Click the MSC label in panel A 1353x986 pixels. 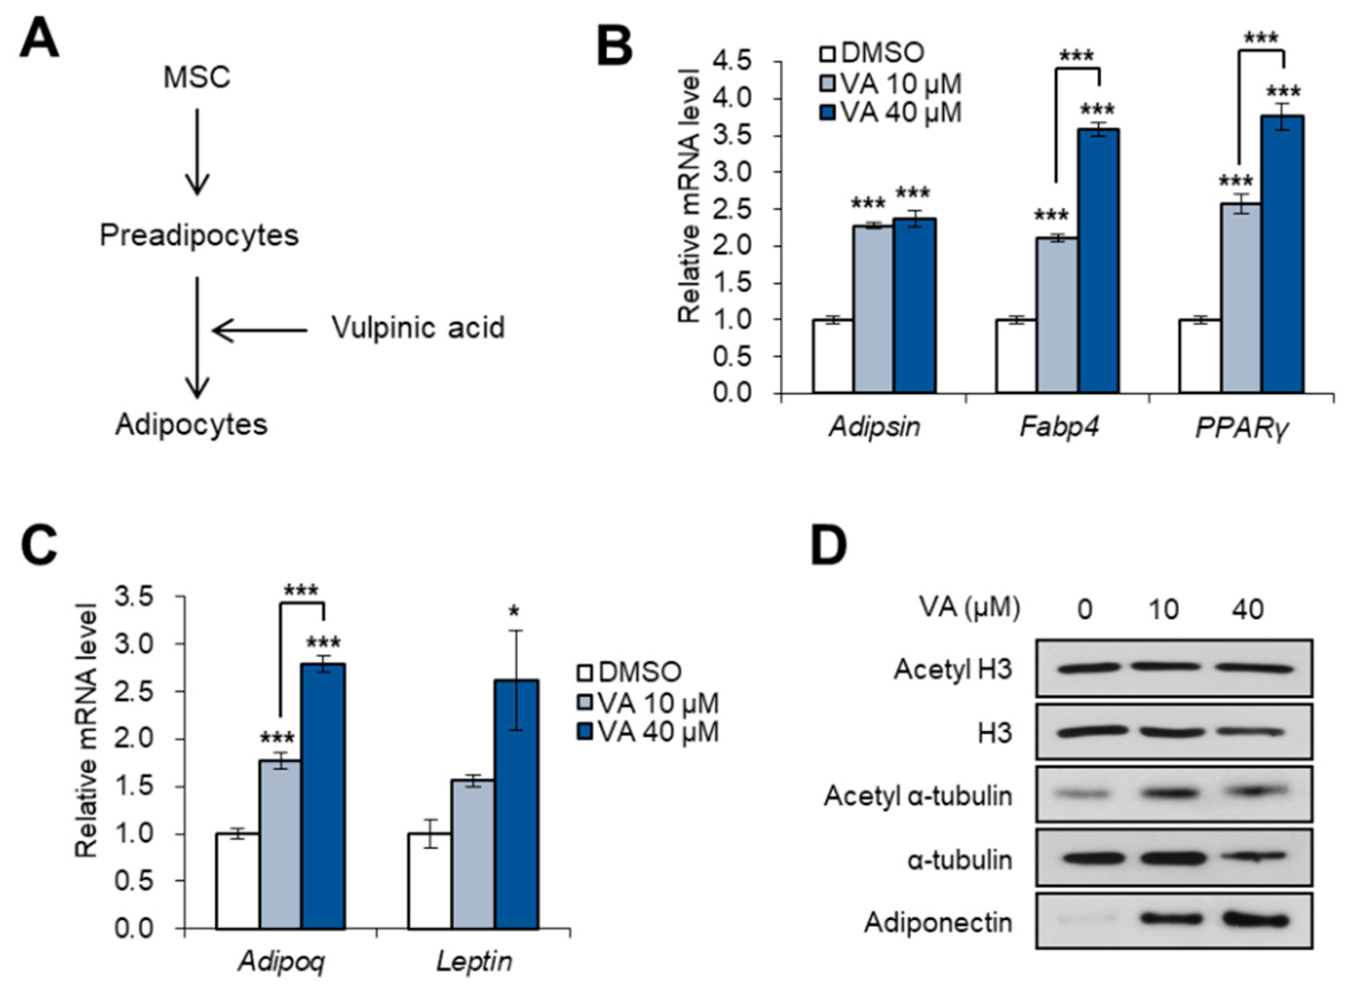pos(197,77)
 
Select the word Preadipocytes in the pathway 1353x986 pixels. pos(199,235)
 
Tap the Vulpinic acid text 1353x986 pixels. pos(418,328)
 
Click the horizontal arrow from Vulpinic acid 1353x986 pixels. pos(260,330)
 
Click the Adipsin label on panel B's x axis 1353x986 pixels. pos(874,427)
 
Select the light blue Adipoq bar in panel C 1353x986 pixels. pos(281,844)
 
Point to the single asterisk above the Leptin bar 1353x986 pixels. pos(515,612)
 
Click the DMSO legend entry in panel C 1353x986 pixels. pos(629,672)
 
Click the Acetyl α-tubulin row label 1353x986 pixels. pos(918,796)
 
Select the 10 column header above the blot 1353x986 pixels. pos(1164,610)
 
